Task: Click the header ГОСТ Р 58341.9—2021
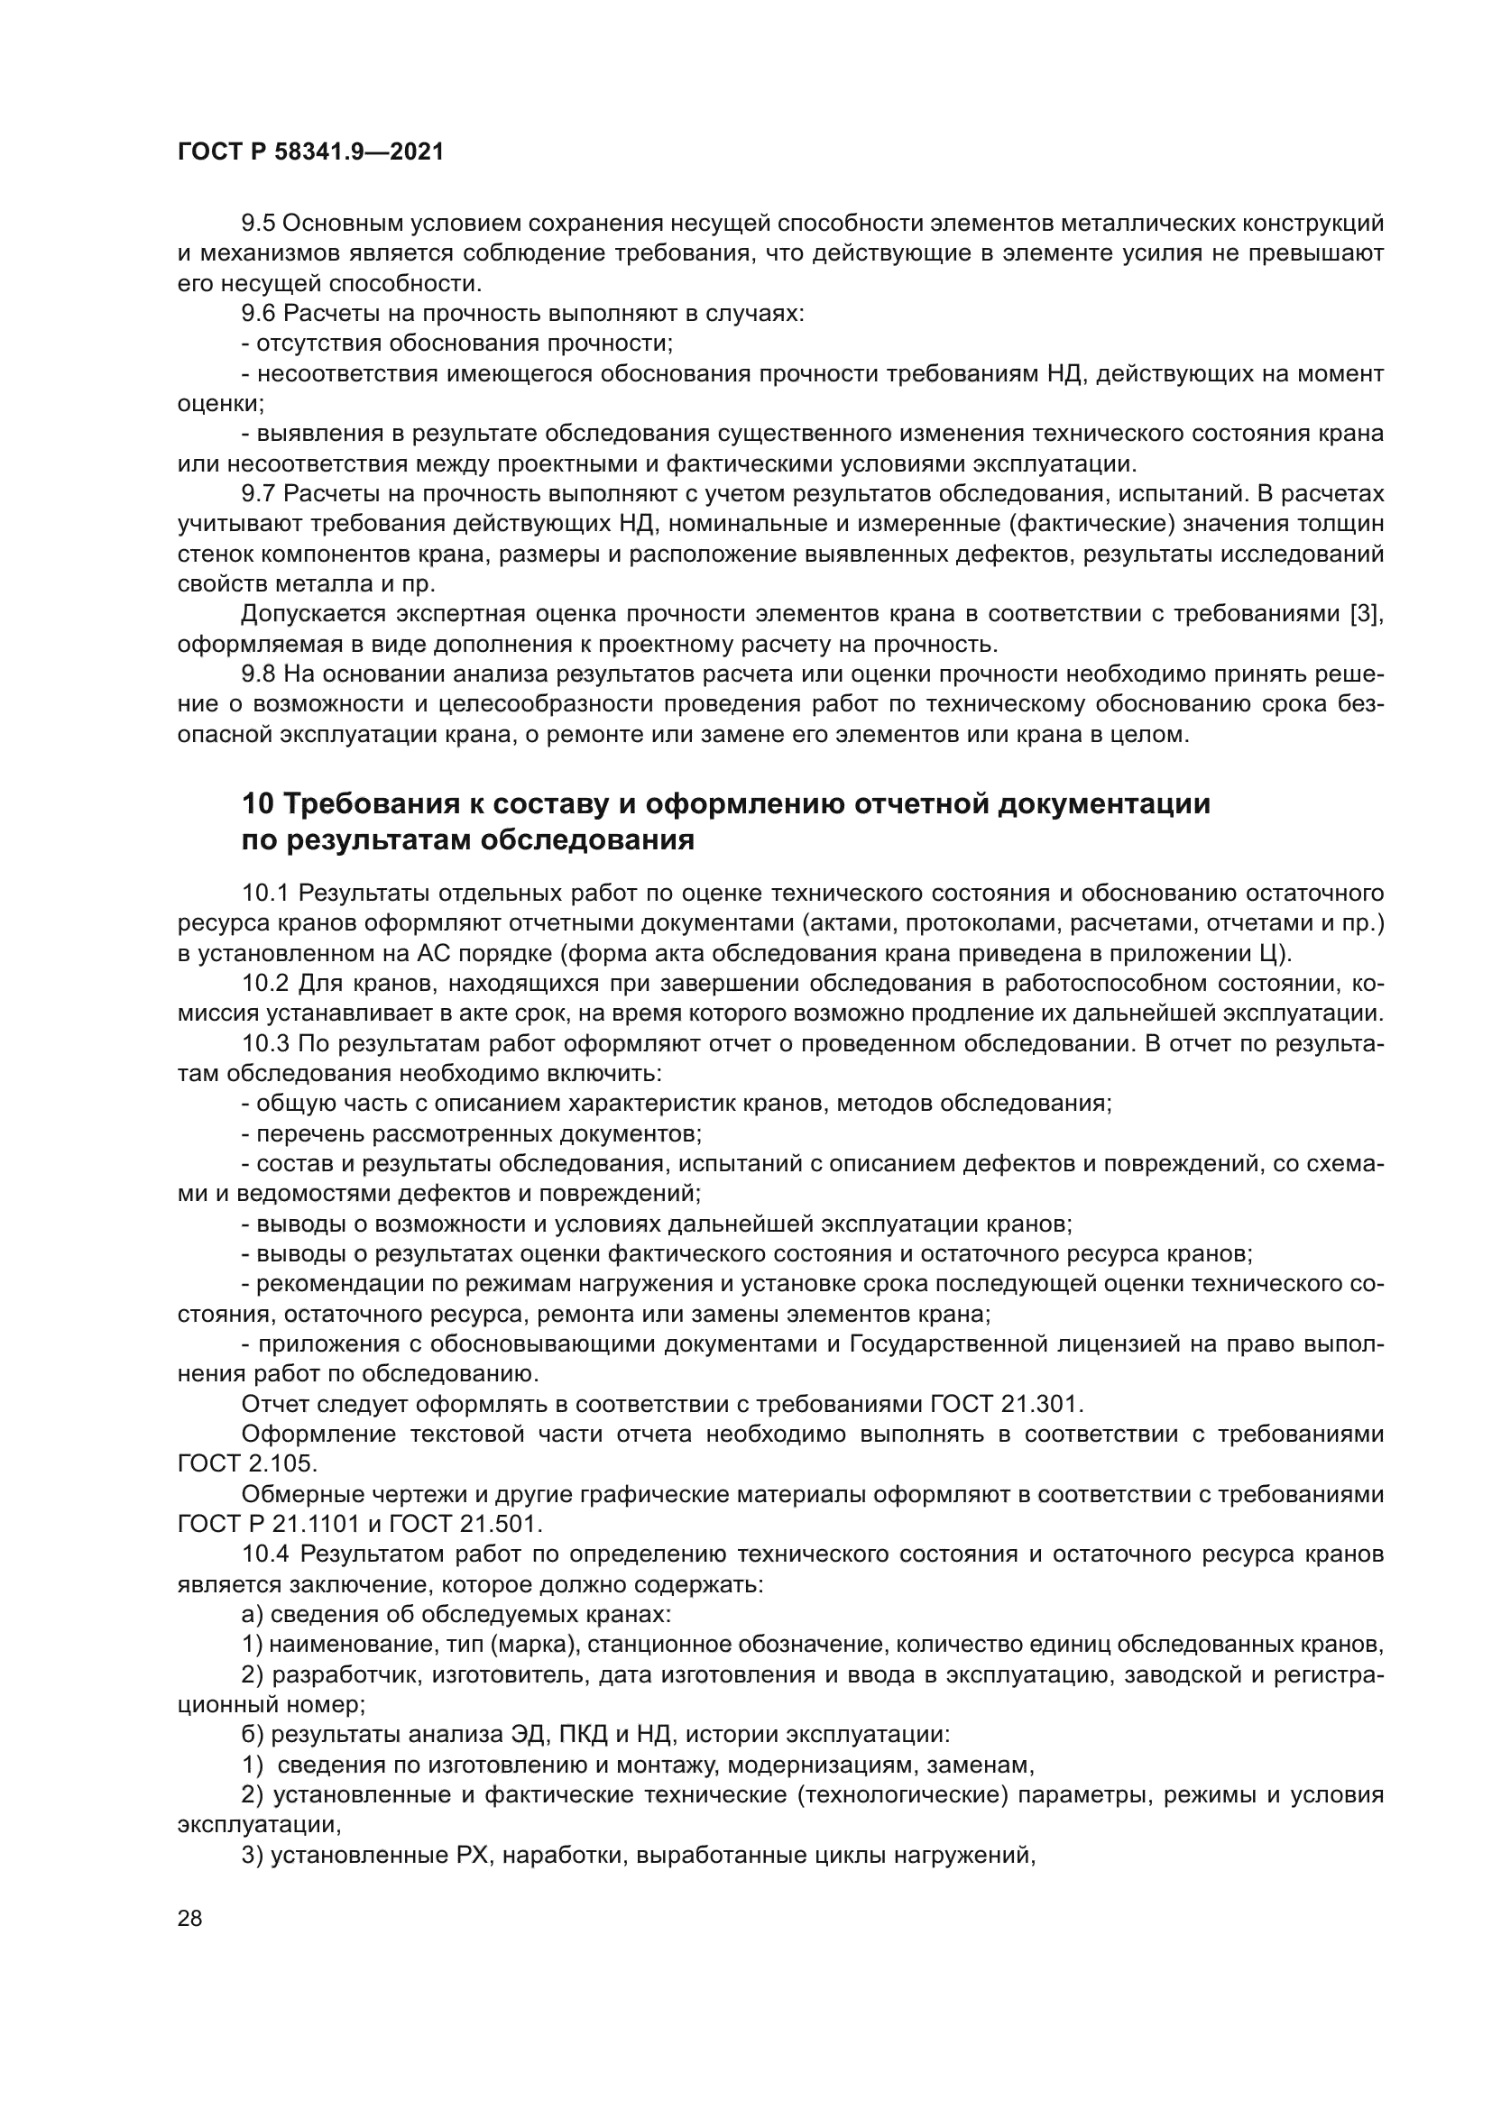pos(309,152)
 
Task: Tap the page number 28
pos(190,1919)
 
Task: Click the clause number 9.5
pos(258,224)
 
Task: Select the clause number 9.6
pos(258,313)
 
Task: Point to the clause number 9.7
pos(258,494)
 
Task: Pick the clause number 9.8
pos(258,674)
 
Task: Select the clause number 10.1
pos(265,893)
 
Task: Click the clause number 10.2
pos(265,983)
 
